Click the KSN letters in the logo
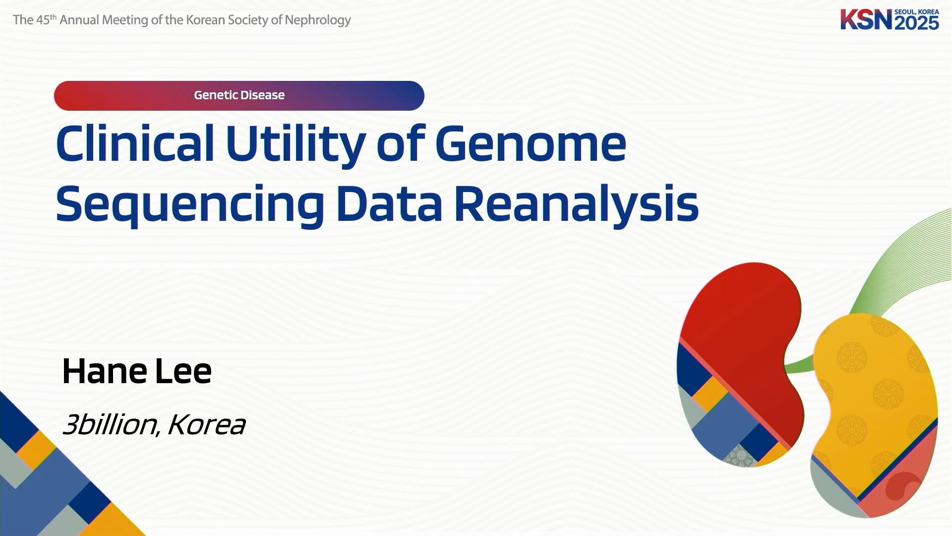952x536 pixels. point(866,19)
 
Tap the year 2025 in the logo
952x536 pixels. point(917,23)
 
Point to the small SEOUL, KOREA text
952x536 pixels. point(917,11)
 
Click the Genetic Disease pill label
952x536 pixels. point(239,95)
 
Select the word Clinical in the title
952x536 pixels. point(135,144)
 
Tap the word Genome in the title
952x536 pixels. point(531,144)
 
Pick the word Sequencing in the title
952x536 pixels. point(190,204)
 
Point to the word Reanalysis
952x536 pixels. point(577,204)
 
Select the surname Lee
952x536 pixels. point(183,371)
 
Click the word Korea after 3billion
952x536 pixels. point(207,425)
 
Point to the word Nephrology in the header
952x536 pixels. point(318,20)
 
